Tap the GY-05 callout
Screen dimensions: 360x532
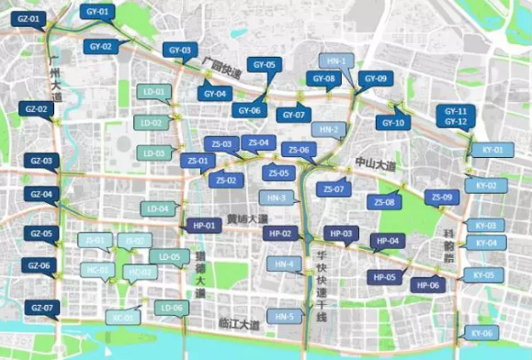pos(263,65)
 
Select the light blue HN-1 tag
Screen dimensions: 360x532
pos(335,61)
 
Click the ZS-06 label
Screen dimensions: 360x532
pos(299,150)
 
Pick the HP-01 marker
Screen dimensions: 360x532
pos(203,225)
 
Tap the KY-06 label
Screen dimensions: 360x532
pos(481,332)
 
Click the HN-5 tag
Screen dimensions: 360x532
pos(285,317)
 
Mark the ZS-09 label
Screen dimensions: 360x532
pos(443,197)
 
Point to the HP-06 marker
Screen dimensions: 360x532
pos(430,286)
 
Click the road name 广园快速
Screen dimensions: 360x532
pos(223,67)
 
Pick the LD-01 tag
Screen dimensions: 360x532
pos(153,92)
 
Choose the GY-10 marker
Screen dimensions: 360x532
pos(392,122)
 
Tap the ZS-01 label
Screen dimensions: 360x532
pos(198,161)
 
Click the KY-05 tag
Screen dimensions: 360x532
pos(483,275)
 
